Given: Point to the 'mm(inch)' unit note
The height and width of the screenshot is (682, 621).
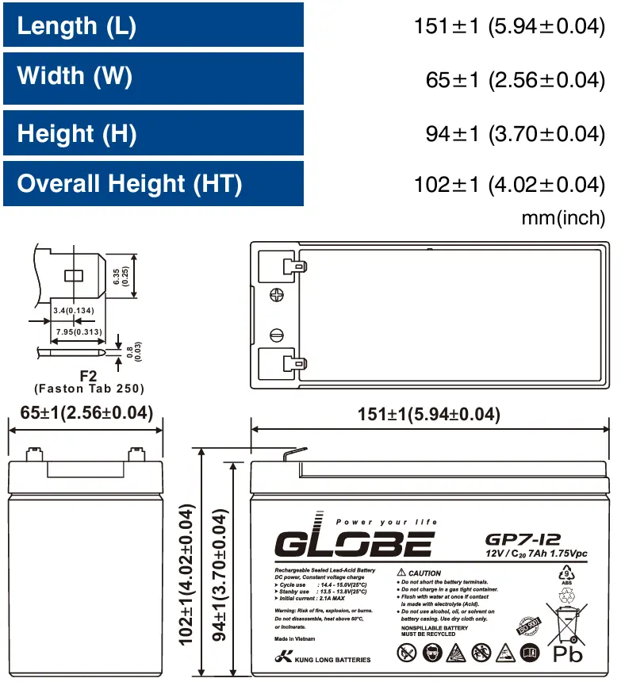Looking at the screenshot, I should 562,216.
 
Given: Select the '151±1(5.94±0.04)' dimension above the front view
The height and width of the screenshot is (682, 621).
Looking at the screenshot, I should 428,415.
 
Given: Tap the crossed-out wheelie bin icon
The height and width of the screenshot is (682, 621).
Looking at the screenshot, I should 567,623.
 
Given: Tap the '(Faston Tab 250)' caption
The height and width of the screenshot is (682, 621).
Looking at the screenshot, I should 89,389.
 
